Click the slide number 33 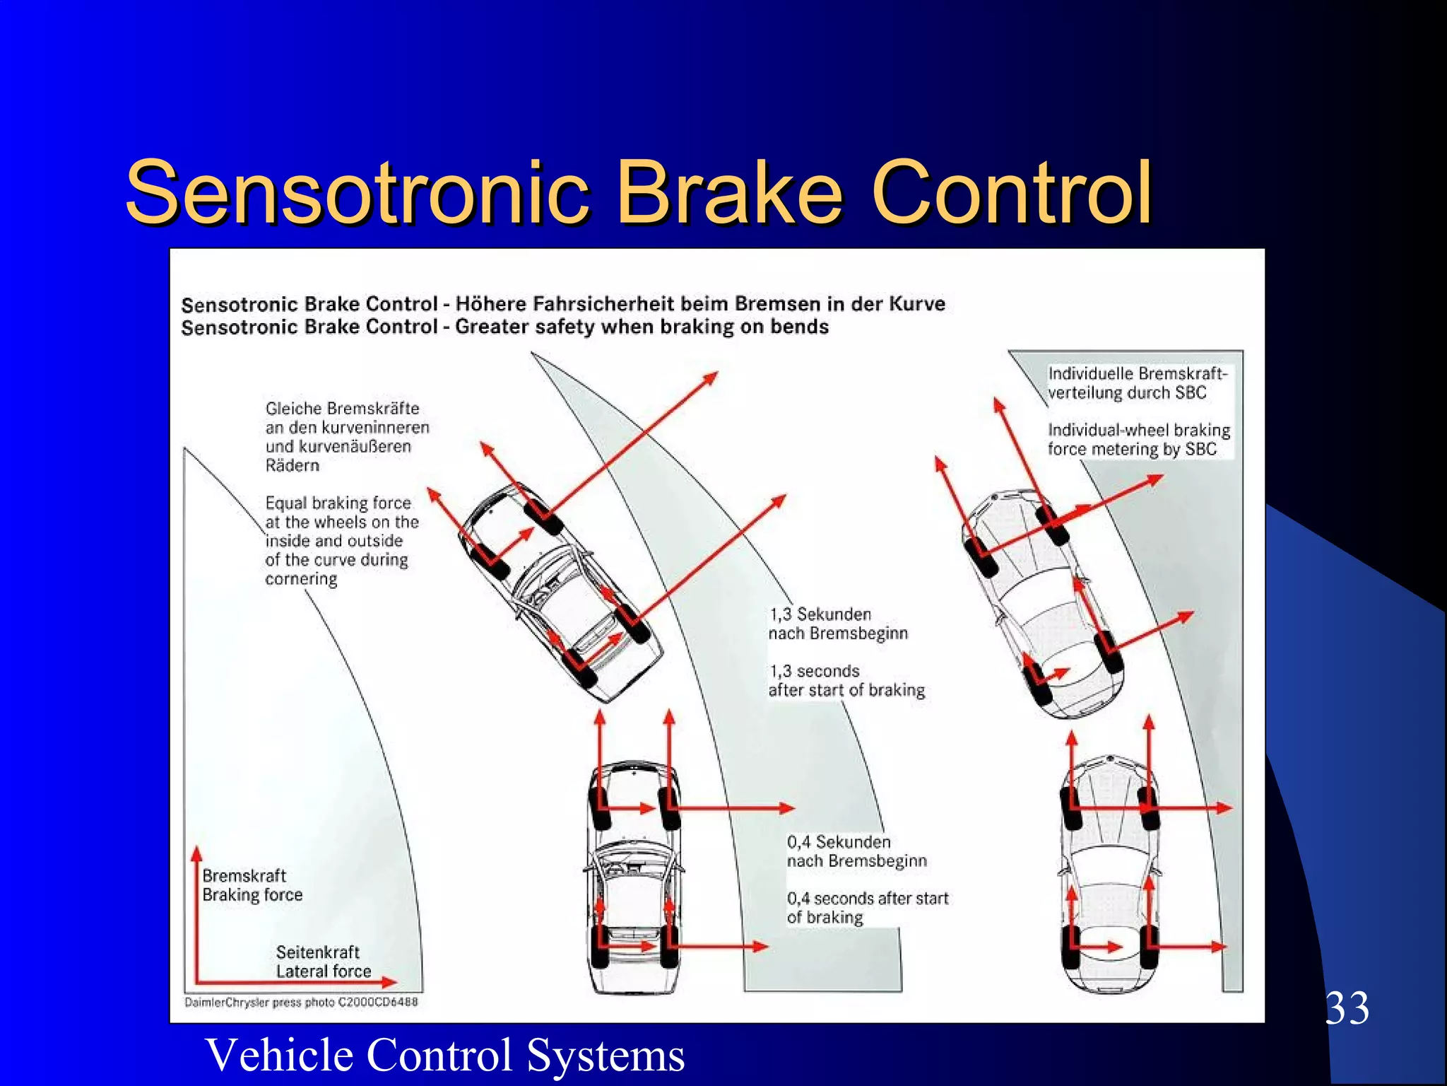tap(1347, 1008)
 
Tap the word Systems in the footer tap(606, 1055)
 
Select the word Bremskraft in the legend tap(244, 875)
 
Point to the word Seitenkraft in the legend tap(317, 952)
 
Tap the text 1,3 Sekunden tap(820, 614)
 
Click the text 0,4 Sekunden tap(839, 841)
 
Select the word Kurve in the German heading tap(916, 303)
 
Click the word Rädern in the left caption tap(293, 465)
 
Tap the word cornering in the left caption tap(301, 579)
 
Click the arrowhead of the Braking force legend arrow tap(197, 853)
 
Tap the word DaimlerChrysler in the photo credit tap(227, 1002)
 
